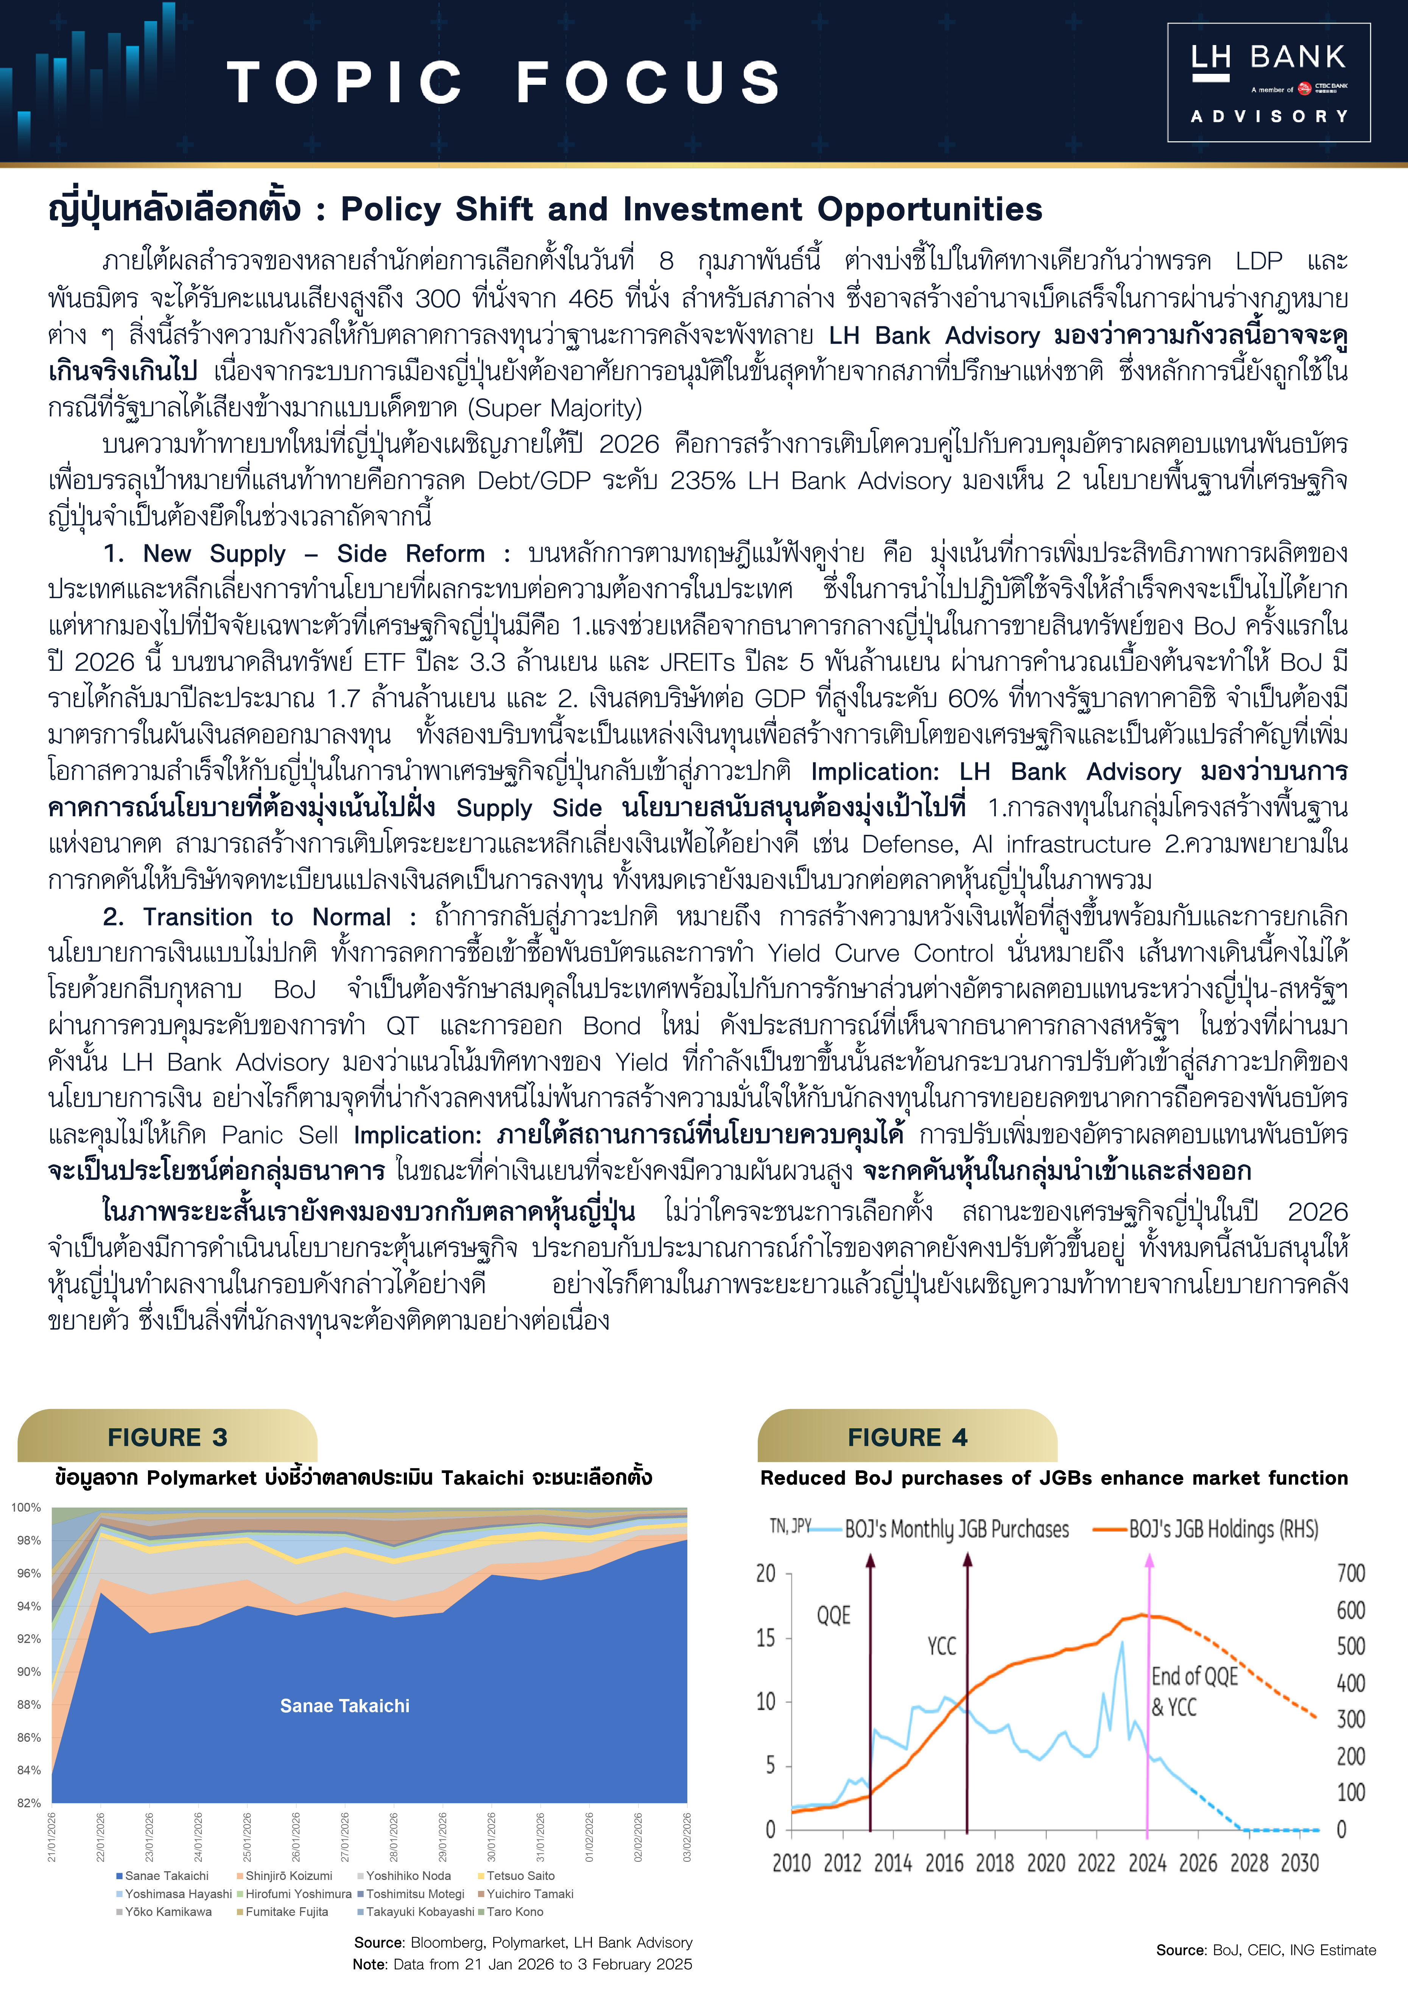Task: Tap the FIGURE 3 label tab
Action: coord(167,1438)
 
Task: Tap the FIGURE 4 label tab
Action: coord(907,1438)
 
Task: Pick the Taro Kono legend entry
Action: coord(514,1911)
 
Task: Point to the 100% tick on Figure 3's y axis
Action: coord(26,1508)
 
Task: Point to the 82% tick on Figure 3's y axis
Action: coord(29,1803)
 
